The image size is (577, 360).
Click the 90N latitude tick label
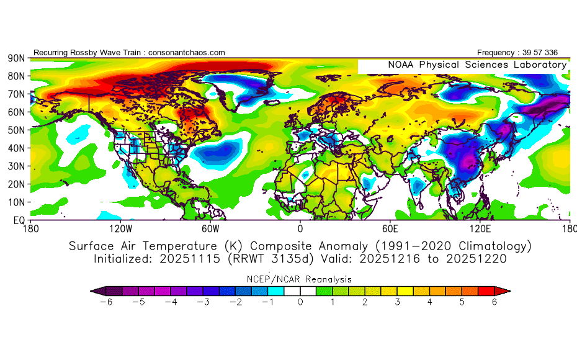16,58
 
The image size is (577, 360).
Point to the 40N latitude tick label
16,148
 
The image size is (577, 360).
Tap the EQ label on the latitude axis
19,220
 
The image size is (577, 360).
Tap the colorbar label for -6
106,302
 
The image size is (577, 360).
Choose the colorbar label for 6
494,302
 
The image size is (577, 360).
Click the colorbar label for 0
300,302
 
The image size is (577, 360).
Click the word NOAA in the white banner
401,65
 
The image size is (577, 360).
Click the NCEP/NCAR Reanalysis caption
300,279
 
